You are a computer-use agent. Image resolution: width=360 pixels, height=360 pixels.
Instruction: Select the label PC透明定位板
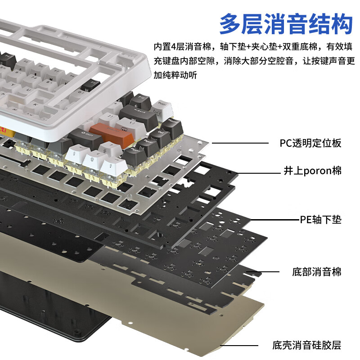click(310, 143)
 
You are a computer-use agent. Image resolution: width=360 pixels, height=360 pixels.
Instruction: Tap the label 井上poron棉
click(312, 171)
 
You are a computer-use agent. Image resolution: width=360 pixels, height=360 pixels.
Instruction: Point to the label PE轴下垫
click(320, 220)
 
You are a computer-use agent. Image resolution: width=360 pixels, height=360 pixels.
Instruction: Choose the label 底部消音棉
click(316, 272)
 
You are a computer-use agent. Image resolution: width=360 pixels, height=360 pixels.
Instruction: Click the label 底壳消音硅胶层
click(306, 346)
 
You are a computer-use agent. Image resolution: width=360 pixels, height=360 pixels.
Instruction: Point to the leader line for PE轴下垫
click(272, 220)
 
